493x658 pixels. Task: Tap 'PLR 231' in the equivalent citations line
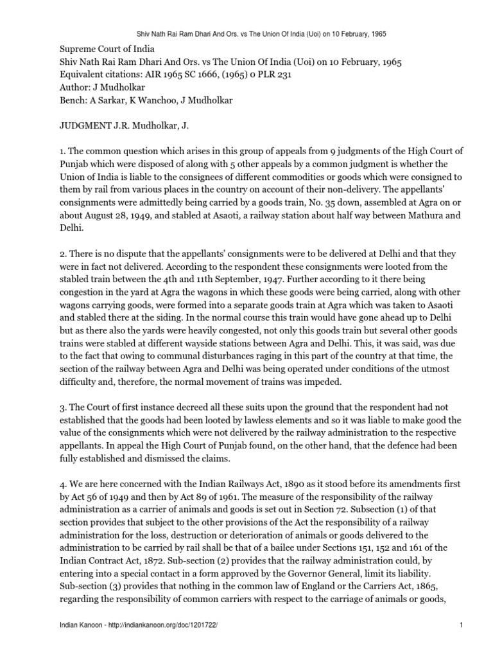(289, 75)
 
